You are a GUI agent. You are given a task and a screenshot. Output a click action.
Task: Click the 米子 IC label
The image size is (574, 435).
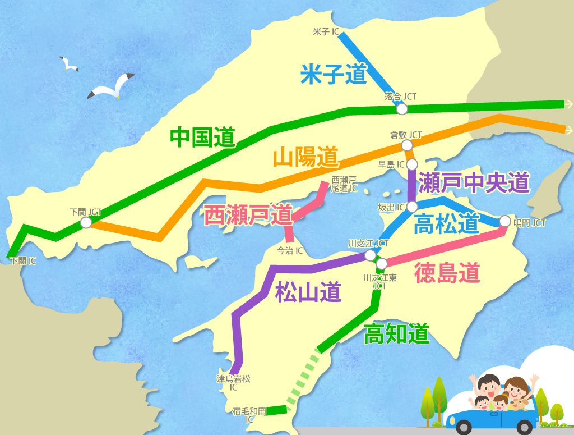pyautogui.click(x=326, y=32)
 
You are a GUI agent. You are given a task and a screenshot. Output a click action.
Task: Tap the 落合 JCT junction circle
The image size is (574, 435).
pyautogui.click(x=401, y=109)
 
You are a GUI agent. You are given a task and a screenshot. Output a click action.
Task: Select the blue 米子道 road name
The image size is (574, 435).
pyautogui.click(x=334, y=74)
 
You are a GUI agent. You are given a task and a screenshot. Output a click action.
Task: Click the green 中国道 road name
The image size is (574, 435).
pyautogui.click(x=202, y=137)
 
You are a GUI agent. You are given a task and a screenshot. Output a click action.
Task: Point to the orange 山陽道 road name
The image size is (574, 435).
pyautogui.click(x=306, y=157)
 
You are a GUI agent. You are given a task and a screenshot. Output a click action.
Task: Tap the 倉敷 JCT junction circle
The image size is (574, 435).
pyautogui.click(x=407, y=145)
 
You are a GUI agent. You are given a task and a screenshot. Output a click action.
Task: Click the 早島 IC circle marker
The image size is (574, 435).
pyautogui.click(x=412, y=164)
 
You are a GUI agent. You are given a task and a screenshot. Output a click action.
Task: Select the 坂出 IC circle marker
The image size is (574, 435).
pyautogui.click(x=412, y=206)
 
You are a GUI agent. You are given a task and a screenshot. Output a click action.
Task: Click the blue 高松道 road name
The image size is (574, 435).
pyautogui.click(x=446, y=224)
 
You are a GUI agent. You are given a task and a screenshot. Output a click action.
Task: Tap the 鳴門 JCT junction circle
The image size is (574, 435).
pyautogui.click(x=504, y=221)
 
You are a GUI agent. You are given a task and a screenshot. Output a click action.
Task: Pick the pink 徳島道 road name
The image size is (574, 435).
pyautogui.click(x=447, y=273)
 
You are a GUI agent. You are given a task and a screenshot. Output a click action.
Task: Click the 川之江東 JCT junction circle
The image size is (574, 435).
pyautogui.click(x=382, y=263)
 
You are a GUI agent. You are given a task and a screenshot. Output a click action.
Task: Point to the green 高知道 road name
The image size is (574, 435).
pyautogui.click(x=396, y=335)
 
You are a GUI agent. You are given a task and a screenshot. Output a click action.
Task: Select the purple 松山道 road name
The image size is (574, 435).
pyautogui.click(x=308, y=292)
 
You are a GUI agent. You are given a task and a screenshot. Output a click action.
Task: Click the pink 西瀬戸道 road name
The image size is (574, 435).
pyautogui.click(x=248, y=214)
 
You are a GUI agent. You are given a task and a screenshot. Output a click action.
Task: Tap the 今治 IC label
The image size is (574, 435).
pyautogui.click(x=290, y=250)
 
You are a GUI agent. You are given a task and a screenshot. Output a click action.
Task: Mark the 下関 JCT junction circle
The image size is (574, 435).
pyautogui.click(x=86, y=222)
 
